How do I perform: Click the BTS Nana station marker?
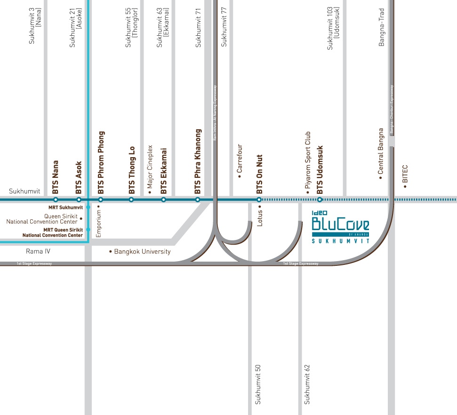(x=56, y=200)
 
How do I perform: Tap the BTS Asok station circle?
(x=79, y=200)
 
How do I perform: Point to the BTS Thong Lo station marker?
(x=131, y=200)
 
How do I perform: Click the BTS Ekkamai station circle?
(x=164, y=200)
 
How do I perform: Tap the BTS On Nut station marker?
(x=259, y=200)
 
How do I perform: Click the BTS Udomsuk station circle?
(x=320, y=200)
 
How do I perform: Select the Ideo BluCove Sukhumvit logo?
(x=341, y=226)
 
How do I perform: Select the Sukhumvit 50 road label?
(x=257, y=384)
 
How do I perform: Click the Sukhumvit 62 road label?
(x=307, y=384)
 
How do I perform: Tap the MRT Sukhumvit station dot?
(x=88, y=207)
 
